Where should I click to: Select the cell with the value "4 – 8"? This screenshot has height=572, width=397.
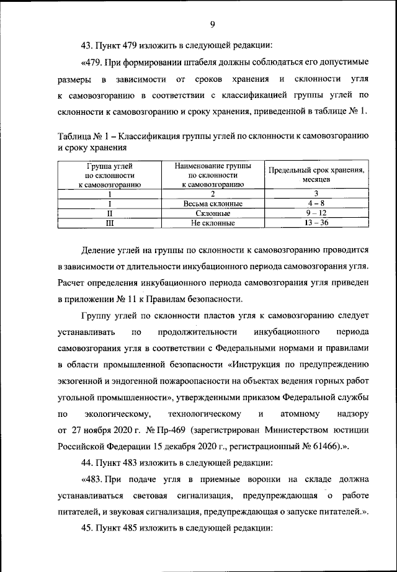click(316, 203)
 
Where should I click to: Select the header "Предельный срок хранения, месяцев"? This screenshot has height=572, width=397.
click(316, 174)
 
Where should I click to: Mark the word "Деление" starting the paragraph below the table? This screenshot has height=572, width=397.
click(98, 250)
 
